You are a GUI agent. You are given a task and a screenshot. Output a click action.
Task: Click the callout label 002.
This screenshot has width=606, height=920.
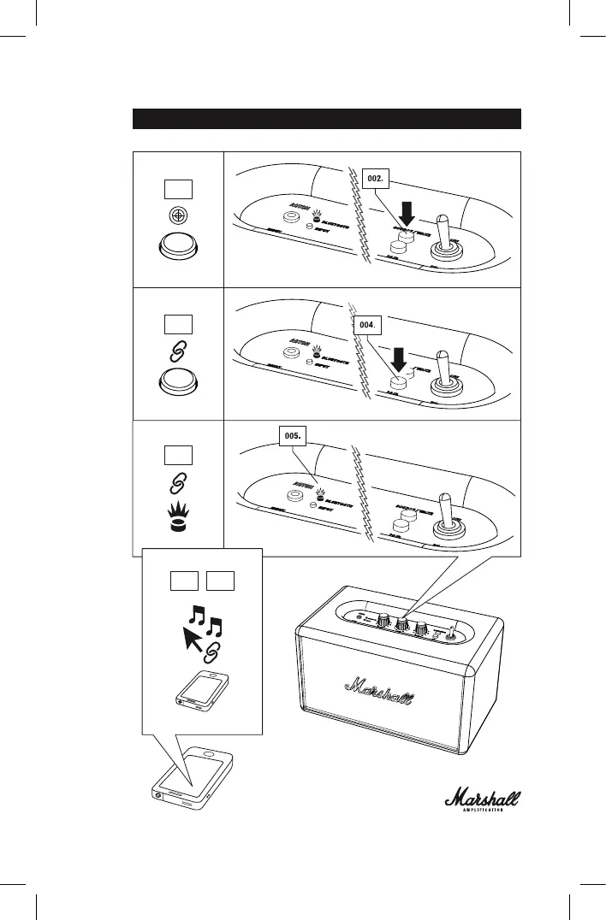click(x=374, y=179)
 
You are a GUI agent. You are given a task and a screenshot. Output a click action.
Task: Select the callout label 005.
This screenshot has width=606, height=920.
click(x=293, y=435)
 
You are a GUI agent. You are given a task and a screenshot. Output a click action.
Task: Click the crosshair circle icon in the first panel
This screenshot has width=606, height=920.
click(x=178, y=217)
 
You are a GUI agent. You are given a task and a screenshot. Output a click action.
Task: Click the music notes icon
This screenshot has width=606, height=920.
click(x=205, y=623)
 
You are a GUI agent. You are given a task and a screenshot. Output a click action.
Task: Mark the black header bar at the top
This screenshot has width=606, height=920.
click(x=326, y=118)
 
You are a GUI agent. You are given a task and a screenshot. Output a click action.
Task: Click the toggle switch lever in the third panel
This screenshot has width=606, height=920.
click(x=445, y=510)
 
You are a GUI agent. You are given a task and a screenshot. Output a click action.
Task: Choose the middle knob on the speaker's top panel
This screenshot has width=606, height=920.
click(x=400, y=629)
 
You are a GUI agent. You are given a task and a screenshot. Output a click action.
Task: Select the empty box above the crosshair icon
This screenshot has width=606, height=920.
click(x=178, y=188)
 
